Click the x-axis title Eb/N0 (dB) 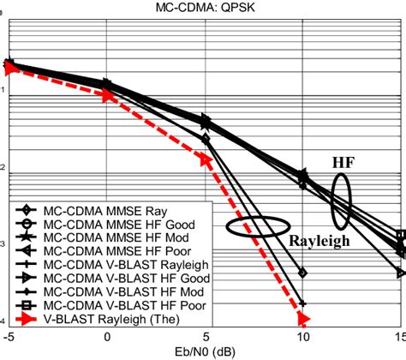coord(204,351)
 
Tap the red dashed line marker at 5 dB coord(205,159)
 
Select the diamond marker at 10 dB coord(302,273)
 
